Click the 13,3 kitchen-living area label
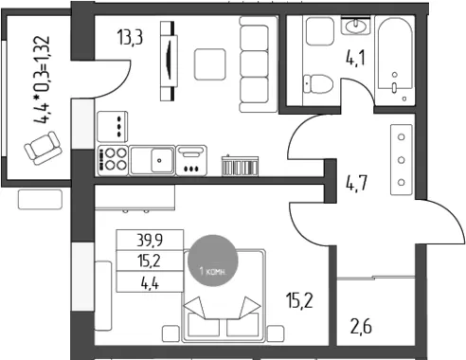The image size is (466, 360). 130,37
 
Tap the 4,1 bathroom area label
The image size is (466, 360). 355,59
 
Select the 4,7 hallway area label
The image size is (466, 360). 356,183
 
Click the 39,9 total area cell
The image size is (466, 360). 150,240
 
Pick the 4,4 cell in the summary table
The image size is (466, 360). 150,281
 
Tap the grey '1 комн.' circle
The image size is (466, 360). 213,261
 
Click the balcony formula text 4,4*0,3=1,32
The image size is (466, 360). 42,80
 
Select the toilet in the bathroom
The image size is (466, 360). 317,84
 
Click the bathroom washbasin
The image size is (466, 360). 356,26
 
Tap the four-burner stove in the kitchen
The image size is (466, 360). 113,160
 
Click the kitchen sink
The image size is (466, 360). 152,160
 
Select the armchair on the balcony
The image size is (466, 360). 43,148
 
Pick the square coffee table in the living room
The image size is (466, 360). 210,64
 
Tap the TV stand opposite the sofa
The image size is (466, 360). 169,61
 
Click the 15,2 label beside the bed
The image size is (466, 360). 299,300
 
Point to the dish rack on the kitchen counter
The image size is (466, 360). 240,165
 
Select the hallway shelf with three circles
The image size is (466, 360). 402,160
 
